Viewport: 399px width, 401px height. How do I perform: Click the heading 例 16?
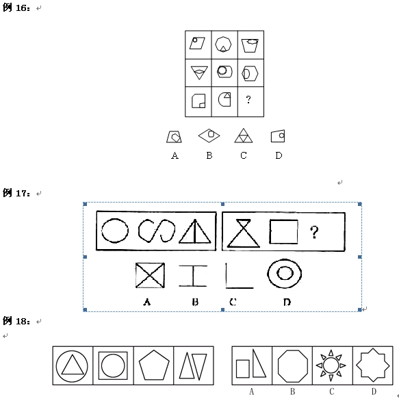coord(16,8)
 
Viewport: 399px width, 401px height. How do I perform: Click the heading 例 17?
coord(16,193)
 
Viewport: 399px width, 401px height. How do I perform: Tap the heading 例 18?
coord(16,321)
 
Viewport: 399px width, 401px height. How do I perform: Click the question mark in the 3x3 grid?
coord(248,99)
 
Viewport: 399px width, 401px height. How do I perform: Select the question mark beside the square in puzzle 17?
coord(314,232)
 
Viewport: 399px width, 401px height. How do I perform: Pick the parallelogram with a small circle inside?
coord(197,43)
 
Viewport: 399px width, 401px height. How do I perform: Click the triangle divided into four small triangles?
coord(244,135)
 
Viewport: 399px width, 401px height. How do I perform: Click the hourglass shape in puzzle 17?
coord(244,233)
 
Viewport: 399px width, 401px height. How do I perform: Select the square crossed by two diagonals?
coord(150,276)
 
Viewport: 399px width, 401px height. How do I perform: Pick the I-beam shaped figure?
coord(193,276)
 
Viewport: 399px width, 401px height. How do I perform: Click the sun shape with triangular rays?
coord(331,365)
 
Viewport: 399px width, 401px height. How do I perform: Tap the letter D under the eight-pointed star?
coord(374,391)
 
